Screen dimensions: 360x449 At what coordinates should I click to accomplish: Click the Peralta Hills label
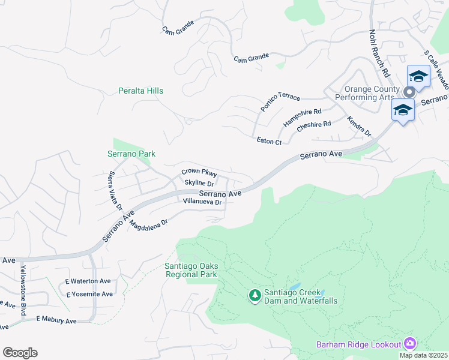[140, 91]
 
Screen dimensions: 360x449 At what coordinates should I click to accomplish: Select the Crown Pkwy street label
[198, 173]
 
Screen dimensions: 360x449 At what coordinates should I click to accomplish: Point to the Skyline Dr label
[199, 183]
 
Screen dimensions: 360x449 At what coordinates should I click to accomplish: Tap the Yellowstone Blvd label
[24, 281]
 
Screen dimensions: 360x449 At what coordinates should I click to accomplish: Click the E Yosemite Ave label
[89, 294]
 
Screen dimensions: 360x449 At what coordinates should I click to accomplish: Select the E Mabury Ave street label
[56, 320]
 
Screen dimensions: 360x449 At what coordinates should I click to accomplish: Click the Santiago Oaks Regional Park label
[191, 270]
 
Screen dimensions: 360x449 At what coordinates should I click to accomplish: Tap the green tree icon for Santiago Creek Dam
[255, 295]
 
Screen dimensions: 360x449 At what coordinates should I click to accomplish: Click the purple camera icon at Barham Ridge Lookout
[410, 343]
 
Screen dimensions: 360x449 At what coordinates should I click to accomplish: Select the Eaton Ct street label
[269, 142]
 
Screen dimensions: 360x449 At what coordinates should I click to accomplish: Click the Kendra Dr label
[360, 127]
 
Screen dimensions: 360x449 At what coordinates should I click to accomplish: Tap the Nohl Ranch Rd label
[379, 53]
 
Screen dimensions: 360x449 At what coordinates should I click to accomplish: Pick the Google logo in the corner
[20, 353]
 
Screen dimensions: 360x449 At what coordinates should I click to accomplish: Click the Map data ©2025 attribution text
[424, 355]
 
